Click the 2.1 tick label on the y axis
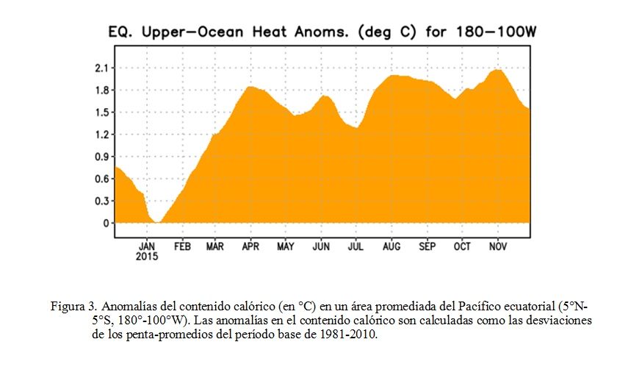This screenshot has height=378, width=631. [102, 68]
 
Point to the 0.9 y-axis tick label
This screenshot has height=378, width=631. [102, 157]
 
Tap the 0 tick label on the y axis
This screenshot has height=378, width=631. [107, 224]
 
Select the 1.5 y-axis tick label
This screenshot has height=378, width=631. [102, 113]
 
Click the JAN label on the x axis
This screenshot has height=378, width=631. [147, 246]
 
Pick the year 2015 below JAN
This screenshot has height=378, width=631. [147, 257]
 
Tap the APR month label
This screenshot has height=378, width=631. [250, 246]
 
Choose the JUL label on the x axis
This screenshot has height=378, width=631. [356, 246]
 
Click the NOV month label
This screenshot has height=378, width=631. [498, 246]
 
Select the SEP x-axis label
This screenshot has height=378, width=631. [427, 246]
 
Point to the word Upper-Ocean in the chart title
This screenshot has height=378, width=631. [192, 32]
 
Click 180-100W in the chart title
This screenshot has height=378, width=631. [497, 32]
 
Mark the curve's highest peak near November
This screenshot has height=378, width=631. [498, 70]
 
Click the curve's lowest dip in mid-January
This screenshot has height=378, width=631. [157, 221]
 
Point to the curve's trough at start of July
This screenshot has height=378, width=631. [356, 128]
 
